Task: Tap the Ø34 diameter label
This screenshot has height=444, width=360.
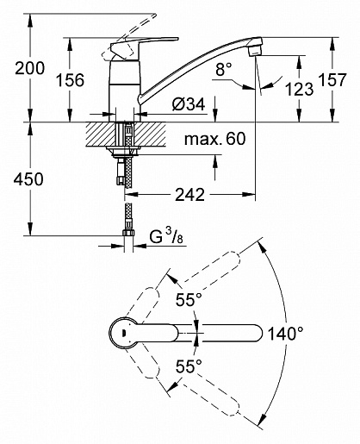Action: (x=187, y=104)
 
